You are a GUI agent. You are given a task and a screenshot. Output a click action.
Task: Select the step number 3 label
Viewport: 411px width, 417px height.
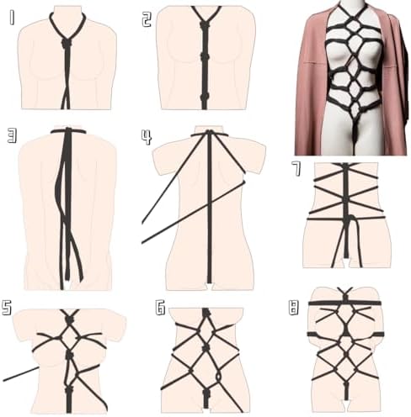[x=12, y=135]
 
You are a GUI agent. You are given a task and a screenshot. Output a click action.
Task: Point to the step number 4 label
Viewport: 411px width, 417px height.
[x=147, y=138]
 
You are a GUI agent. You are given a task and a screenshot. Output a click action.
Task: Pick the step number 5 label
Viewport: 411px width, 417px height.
[x=7, y=308]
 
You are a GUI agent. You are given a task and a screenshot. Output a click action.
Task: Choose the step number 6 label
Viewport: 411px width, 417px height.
[x=160, y=308]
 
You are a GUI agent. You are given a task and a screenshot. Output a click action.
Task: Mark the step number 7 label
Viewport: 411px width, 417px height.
[x=296, y=169]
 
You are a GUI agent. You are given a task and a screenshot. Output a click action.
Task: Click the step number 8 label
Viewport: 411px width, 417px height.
[x=293, y=308]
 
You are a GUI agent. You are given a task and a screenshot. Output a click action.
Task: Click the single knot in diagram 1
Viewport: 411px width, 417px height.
[x=67, y=43]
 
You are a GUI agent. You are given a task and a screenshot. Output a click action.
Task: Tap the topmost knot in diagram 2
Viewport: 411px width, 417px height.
[x=205, y=25]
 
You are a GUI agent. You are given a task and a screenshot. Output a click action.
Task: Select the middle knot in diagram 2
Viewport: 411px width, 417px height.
[x=205, y=57]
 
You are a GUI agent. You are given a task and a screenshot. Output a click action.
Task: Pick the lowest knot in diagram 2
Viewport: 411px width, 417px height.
[x=205, y=98]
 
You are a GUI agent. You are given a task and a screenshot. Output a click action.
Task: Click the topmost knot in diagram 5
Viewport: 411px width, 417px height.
[x=69, y=319]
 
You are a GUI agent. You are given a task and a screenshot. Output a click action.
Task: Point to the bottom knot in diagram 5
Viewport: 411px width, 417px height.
[x=69, y=389]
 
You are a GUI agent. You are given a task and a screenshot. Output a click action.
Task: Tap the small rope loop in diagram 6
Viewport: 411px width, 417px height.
[x=219, y=376]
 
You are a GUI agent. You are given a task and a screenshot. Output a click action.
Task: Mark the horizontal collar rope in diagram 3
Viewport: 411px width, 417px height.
[x=68, y=131]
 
